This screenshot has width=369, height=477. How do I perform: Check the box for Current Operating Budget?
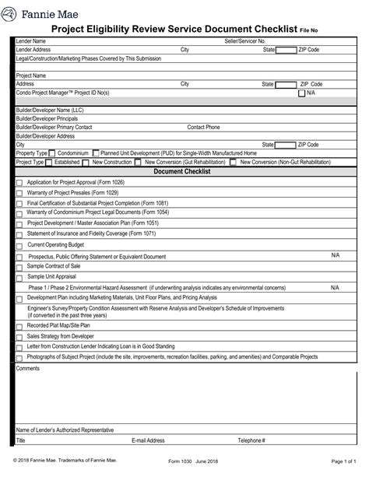[19, 245]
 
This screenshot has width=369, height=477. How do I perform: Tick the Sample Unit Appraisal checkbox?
[19, 277]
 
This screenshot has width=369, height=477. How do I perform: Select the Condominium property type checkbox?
[52, 153]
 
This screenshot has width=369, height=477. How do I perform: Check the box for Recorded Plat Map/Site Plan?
[19, 326]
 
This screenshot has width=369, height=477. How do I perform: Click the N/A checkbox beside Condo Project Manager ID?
[302, 93]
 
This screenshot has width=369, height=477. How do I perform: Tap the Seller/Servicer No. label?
[245, 40]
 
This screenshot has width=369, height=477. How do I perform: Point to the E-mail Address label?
[148, 440]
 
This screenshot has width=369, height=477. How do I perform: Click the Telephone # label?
[251, 440]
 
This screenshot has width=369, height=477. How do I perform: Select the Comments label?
[27, 368]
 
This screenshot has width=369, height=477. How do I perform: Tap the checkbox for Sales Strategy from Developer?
[19, 336]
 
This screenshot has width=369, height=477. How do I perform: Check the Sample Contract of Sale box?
[19, 267]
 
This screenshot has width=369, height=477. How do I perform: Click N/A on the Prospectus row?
[335, 255]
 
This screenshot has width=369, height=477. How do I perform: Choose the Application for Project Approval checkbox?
[19, 183]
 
